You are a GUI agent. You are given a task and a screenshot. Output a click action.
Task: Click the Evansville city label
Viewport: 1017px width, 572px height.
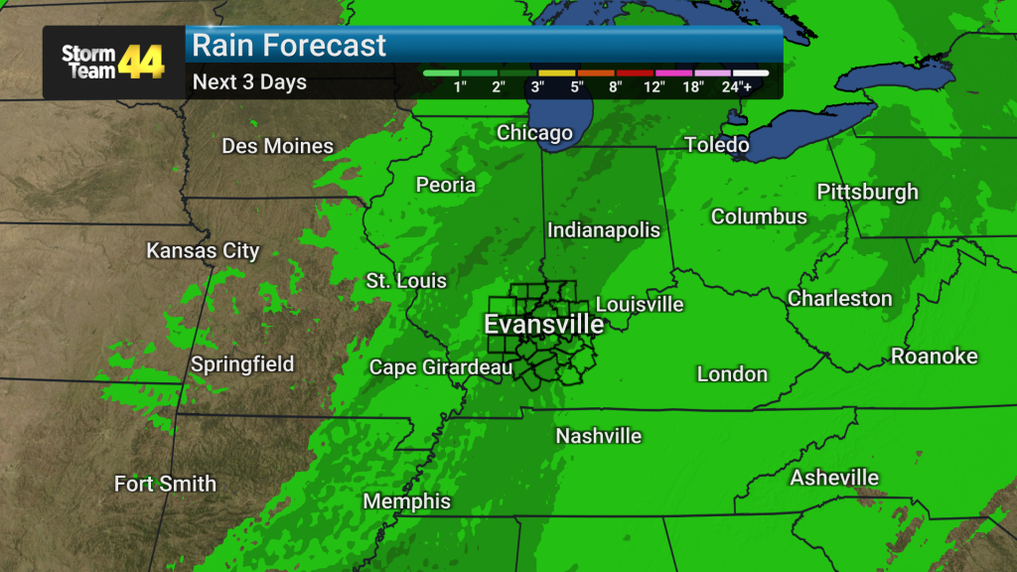click(x=543, y=324)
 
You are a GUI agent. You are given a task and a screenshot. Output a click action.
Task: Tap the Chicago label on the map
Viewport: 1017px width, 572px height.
click(x=534, y=132)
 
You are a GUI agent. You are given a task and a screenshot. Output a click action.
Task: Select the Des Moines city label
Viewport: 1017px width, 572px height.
click(x=277, y=146)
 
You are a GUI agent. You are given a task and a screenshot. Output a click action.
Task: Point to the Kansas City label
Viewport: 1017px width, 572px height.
click(x=203, y=250)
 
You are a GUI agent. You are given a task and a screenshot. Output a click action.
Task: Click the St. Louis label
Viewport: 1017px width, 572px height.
click(x=406, y=281)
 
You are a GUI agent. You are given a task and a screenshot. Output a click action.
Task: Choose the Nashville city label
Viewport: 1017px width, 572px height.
click(x=598, y=436)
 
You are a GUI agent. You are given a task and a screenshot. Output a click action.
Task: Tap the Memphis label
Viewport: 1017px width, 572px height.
click(x=406, y=501)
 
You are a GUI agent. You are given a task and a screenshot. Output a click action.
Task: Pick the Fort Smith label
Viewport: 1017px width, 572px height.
click(x=165, y=485)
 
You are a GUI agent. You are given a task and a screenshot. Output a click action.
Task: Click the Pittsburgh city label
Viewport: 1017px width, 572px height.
click(x=867, y=192)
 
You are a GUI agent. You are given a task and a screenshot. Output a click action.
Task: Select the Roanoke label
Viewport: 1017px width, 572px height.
click(x=934, y=356)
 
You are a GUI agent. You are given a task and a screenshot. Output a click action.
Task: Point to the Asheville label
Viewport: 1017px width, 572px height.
click(x=834, y=478)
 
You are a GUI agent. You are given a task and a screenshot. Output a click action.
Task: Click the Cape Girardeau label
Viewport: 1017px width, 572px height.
click(x=440, y=367)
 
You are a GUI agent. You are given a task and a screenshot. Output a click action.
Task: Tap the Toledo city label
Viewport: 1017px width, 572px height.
click(x=716, y=146)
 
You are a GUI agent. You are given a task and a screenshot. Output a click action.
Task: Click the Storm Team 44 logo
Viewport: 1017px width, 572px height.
click(x=112, y=62)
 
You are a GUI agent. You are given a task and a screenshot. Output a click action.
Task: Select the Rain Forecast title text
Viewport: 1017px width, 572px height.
click(x=289, y=45)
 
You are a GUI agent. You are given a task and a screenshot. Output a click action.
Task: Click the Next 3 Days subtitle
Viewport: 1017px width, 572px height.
click(x=249, y=82)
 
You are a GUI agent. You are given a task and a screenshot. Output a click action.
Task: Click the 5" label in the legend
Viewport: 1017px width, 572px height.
click(x=577, y=87)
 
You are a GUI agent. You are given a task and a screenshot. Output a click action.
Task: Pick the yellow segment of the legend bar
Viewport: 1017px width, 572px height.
click(x=556, y=72)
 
